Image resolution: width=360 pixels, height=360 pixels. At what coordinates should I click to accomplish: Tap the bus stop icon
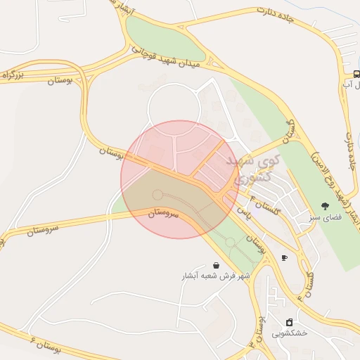(x=357, y=74)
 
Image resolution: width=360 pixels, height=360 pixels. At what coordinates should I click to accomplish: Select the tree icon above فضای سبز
(x=325, y=206)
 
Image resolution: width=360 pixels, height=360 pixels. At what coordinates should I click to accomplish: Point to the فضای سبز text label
(x=325, y=218)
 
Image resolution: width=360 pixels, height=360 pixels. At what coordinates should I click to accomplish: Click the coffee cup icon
(x=284, y=258)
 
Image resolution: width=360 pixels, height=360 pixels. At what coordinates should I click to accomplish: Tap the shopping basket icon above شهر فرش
(x=215, y=265)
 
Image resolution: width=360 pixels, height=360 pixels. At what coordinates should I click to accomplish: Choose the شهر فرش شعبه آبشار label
(x=213, y=277)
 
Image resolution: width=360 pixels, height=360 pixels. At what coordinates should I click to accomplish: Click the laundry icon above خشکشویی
(x=289, y=321)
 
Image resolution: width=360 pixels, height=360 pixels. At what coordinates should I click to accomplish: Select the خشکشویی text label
(x=289, y=333)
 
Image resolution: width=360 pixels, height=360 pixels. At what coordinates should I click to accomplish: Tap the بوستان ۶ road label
(x=42, y=345)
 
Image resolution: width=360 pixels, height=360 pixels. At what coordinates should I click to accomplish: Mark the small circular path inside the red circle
(x=157, y=194)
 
